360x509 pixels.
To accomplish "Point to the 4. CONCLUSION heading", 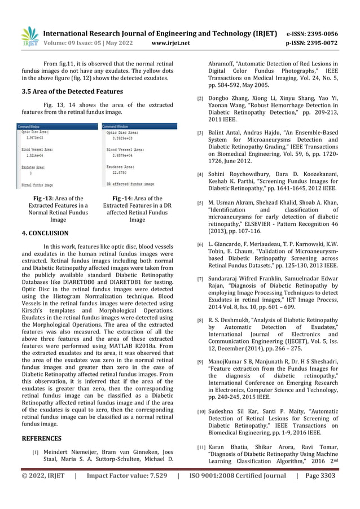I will pyautogui.click(x=45, y=233).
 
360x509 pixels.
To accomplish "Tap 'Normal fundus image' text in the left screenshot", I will pyautogui.click(x=37, y=185).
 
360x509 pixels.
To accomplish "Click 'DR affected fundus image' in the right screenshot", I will pyautogui.click(x=130, y=184).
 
